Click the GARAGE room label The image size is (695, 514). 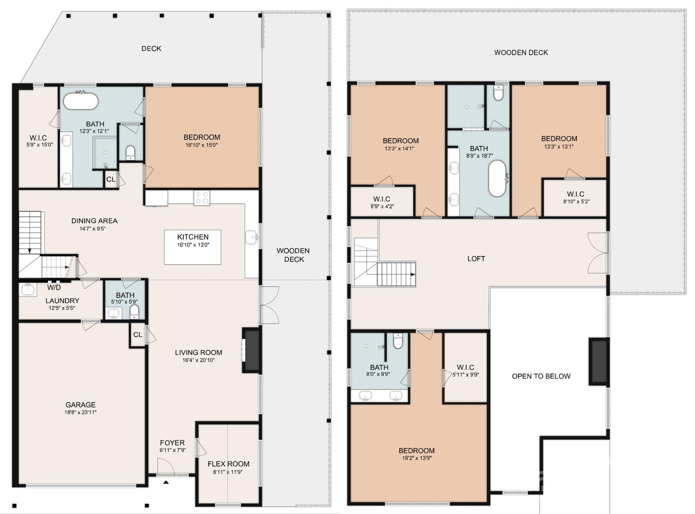pos(80,405)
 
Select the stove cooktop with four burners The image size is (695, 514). pos(202,198)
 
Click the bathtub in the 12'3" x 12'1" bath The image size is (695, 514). pos(81,101)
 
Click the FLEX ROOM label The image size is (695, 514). pos(228,464)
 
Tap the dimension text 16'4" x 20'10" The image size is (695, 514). pos(199,360)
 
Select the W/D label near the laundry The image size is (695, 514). pos(54,288)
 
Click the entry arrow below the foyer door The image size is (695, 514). pos(166,482)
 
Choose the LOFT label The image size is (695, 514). pos(476,259)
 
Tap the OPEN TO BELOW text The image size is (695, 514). pos(541,376)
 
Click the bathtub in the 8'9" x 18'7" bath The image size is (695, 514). pos(497,178)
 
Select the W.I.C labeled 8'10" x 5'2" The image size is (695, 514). pos(576,197)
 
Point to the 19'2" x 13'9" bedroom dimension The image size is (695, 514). pos(416,458)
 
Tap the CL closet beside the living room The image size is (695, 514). pos(137,335)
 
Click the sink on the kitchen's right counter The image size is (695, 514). pos(251,237)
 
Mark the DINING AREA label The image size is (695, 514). pos(94,221)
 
